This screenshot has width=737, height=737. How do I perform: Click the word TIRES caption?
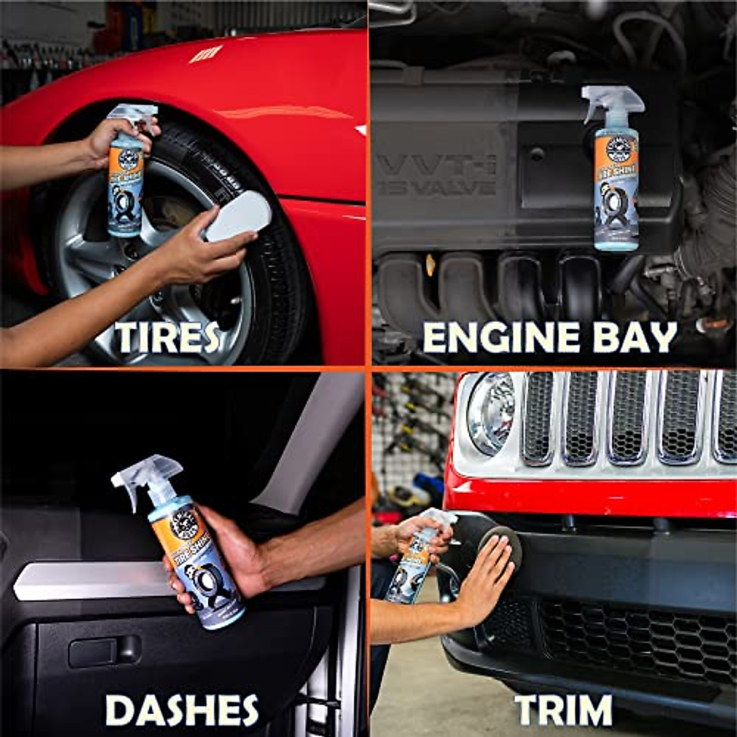167,337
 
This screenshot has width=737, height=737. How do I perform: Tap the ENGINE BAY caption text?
550,337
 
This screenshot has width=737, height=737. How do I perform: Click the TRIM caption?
563,710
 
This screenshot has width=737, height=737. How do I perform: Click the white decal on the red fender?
205,55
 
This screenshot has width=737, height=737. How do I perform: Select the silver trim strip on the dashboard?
92,580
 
